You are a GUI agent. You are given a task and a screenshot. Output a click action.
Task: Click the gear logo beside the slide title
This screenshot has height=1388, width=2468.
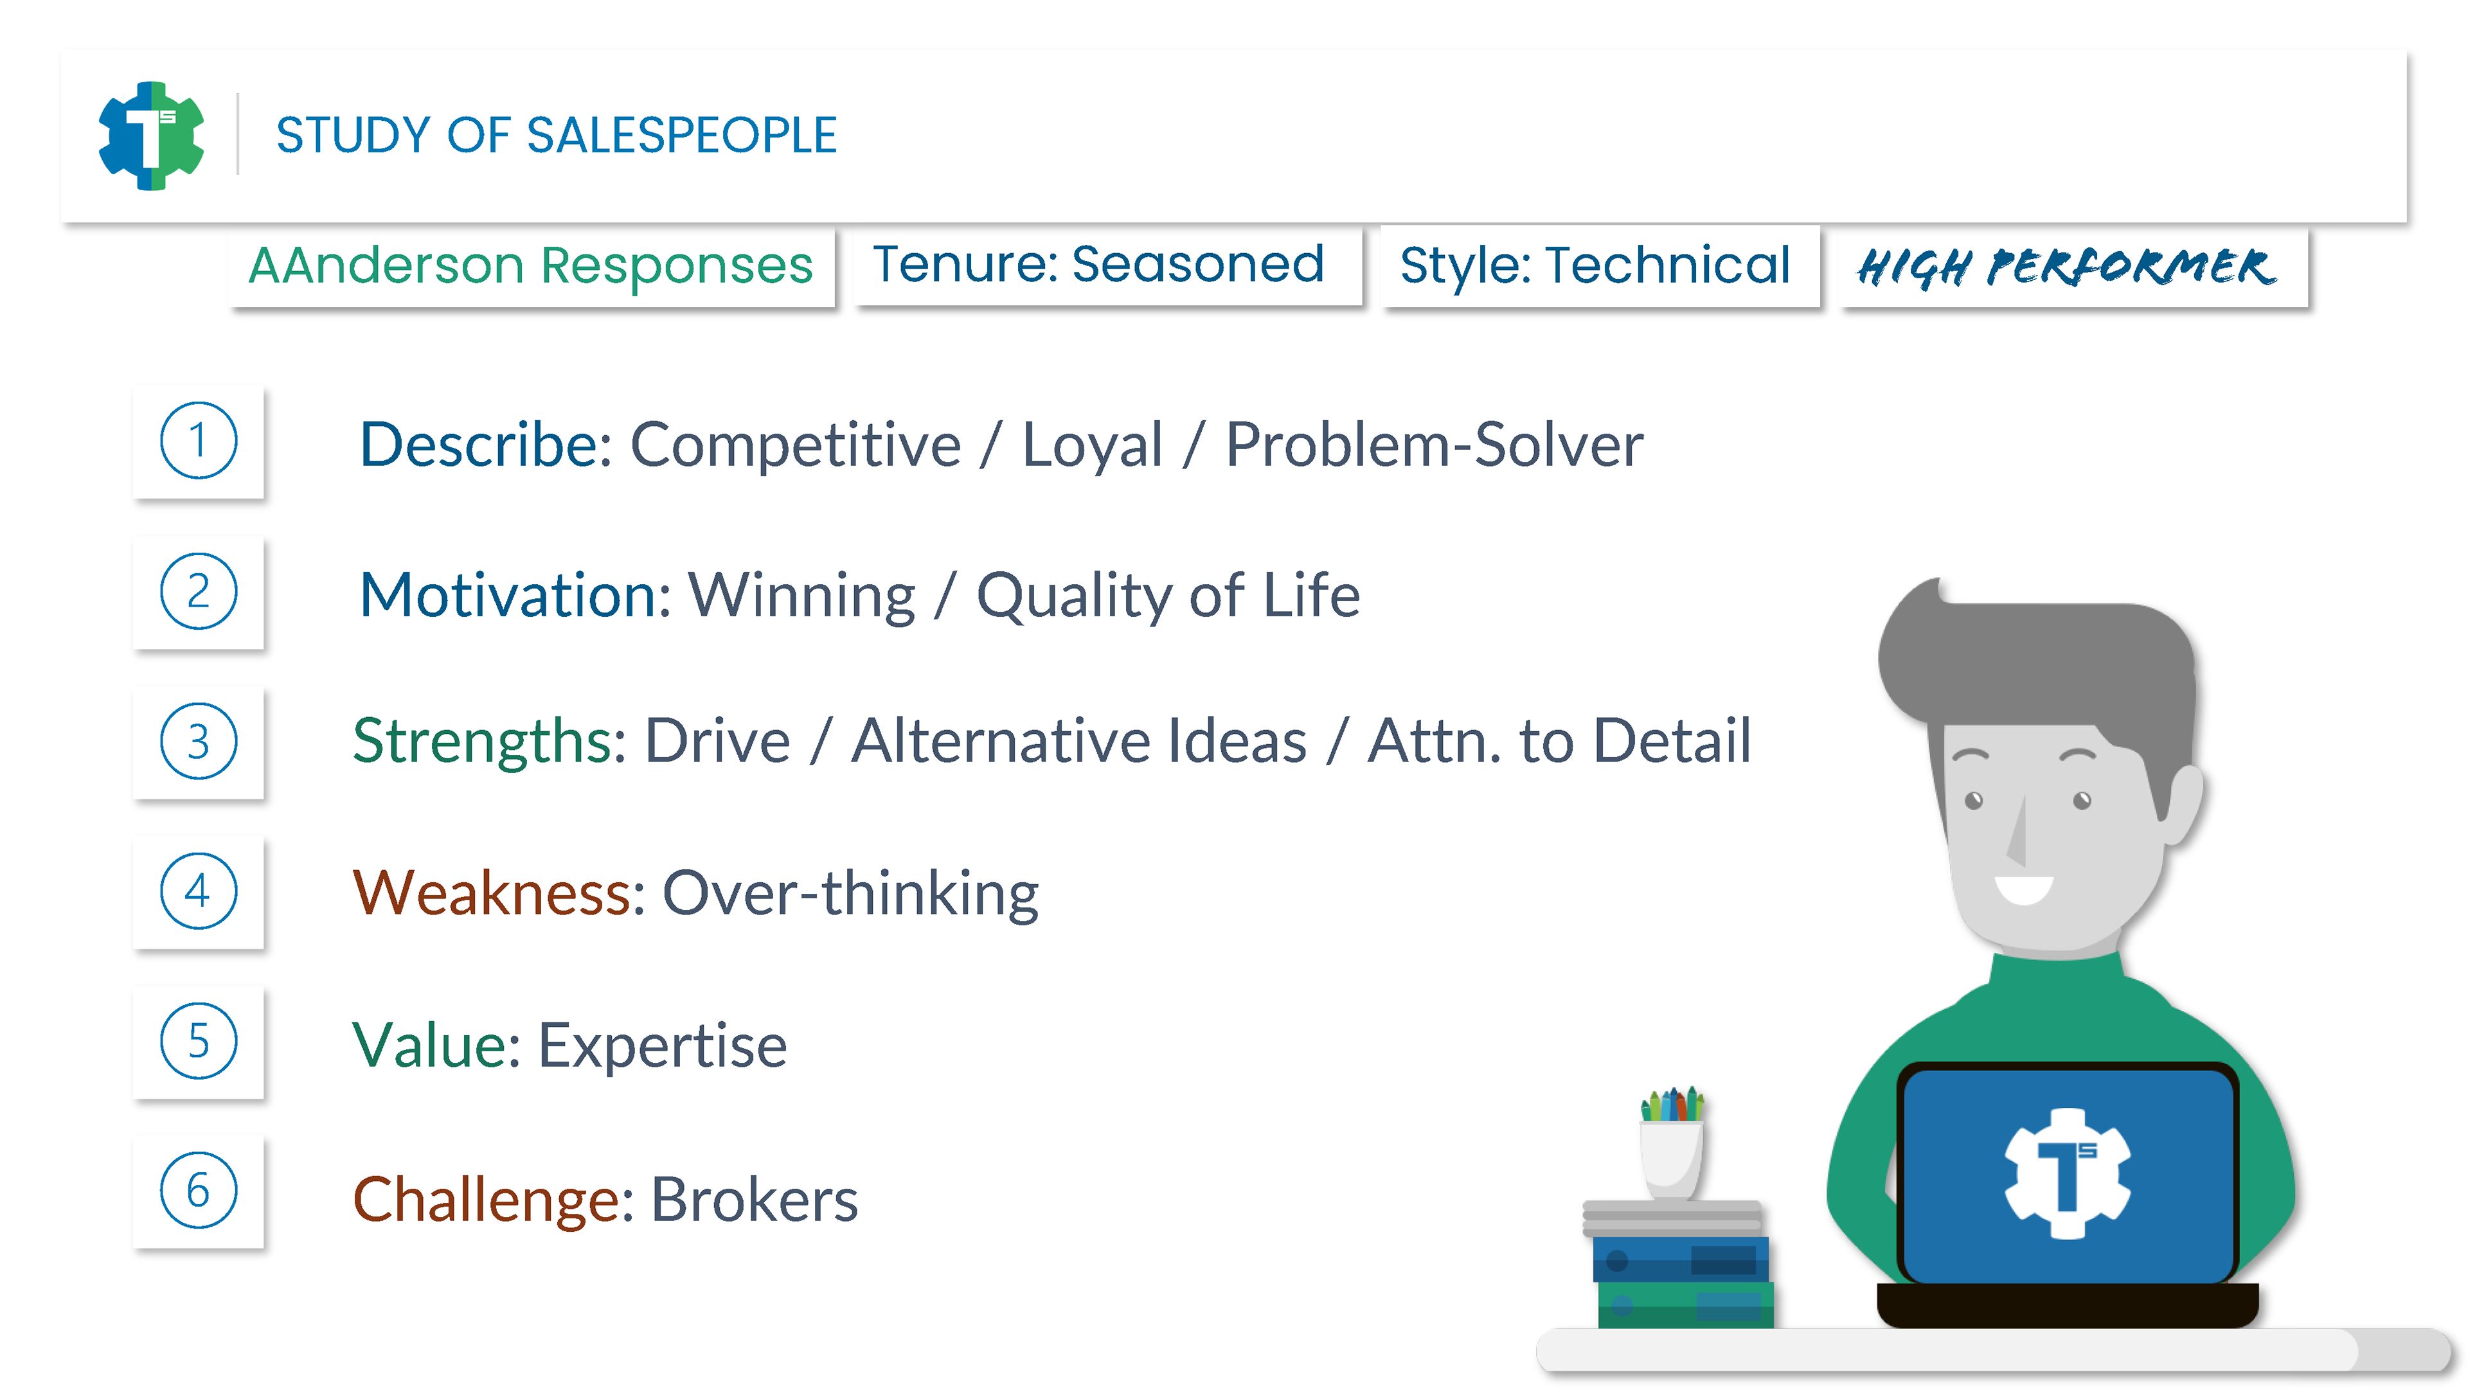tap(152, 135)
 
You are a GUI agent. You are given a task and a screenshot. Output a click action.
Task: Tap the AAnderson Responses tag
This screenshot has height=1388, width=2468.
tap(531, 265)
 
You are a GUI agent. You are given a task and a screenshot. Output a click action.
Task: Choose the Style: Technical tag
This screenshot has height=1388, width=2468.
tap(1595, 265)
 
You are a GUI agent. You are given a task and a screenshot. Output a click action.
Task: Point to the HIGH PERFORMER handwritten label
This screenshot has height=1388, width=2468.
tap(2066, 266)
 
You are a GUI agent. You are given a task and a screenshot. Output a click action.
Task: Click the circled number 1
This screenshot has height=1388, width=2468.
tap(199, 441)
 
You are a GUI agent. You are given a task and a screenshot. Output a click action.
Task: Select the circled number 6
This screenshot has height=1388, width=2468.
tap(199, 1191)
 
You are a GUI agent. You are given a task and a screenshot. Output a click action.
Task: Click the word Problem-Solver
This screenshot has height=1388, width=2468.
tap(1435, 445)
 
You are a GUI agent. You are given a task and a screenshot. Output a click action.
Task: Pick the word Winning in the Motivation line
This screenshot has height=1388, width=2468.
tap(802, 596)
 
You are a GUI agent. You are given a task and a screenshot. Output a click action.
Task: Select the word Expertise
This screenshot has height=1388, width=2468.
tap(663, 1046)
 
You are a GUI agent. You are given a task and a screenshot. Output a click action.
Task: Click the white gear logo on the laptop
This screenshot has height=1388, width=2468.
tap(2068, 1173)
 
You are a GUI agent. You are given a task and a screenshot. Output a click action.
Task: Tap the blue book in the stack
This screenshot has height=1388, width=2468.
tap(1681, 1259)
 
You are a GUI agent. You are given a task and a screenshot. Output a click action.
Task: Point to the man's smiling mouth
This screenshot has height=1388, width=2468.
tap(2025, 889)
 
